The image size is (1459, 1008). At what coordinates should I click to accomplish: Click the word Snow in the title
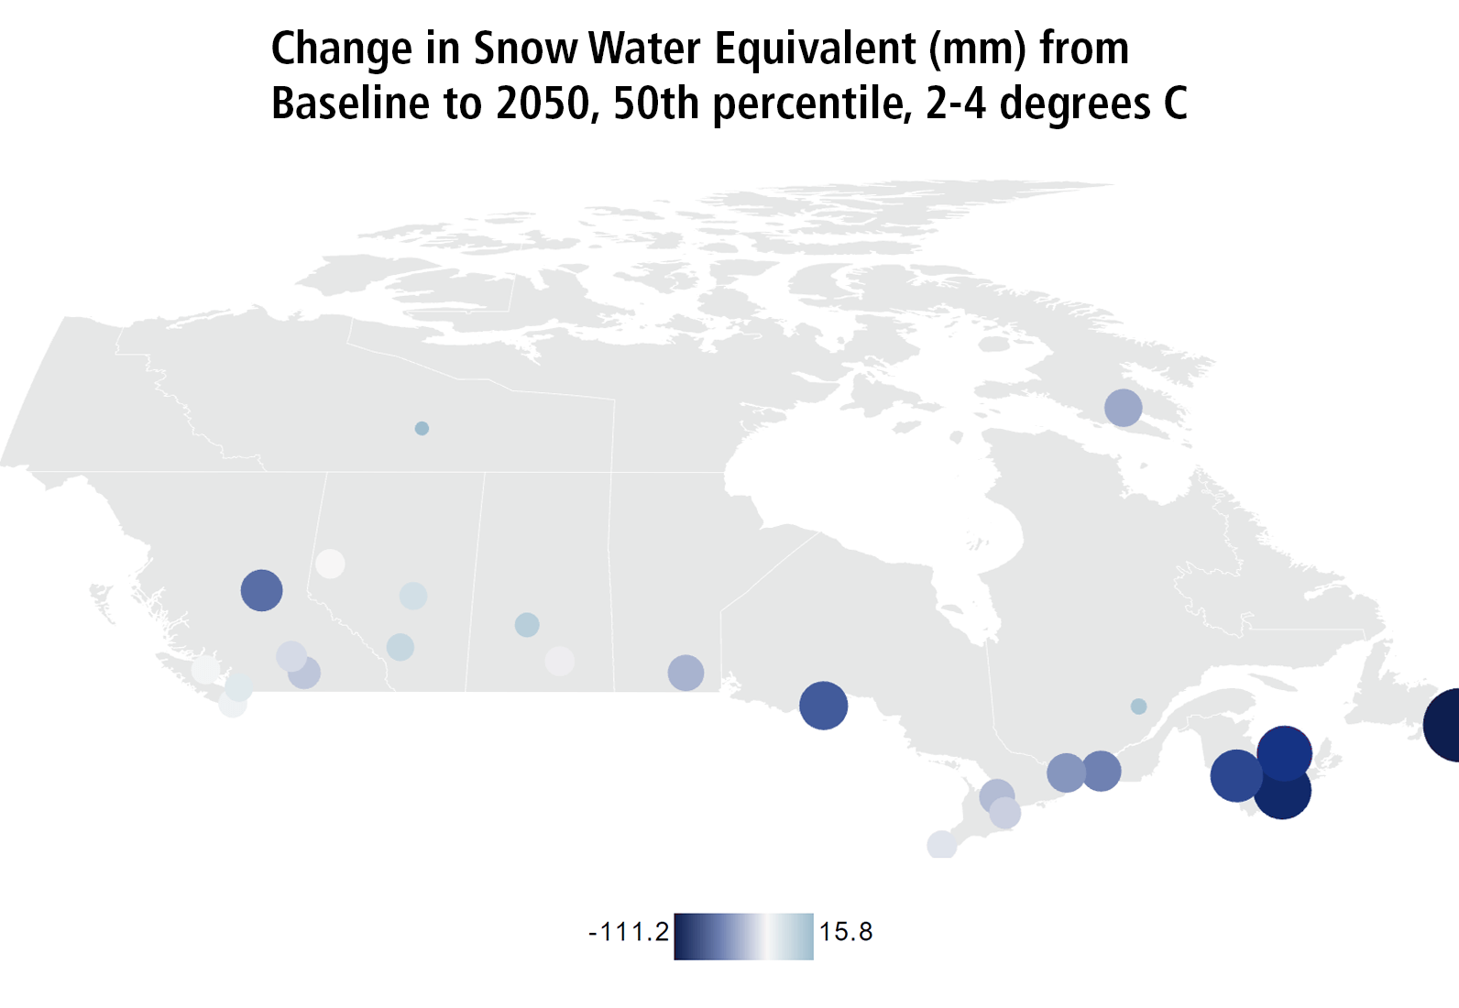coord(524,49)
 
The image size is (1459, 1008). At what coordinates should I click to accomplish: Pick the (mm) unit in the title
coord(977,49)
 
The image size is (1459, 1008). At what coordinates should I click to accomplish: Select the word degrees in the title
coord(1074,104)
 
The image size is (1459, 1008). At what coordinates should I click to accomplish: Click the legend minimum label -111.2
coord(629,933)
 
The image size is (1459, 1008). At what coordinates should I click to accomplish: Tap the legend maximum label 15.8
coord(846,933)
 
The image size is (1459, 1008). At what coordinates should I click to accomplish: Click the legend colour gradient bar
coord(743,937)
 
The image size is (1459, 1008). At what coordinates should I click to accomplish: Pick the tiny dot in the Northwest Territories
coord(422,428)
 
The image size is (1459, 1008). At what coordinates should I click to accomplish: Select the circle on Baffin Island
coord(1123,408)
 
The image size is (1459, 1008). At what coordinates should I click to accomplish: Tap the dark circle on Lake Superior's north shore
coord(823,706)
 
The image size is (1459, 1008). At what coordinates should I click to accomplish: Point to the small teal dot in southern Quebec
coord(1138,707)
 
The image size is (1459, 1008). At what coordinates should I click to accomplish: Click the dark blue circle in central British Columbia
coord(261,590)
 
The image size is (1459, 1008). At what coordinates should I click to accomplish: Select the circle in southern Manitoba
coord(686,673)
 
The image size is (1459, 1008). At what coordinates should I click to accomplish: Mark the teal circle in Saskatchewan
coord(527,625)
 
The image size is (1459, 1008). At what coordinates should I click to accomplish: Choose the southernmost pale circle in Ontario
coord(941,845)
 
